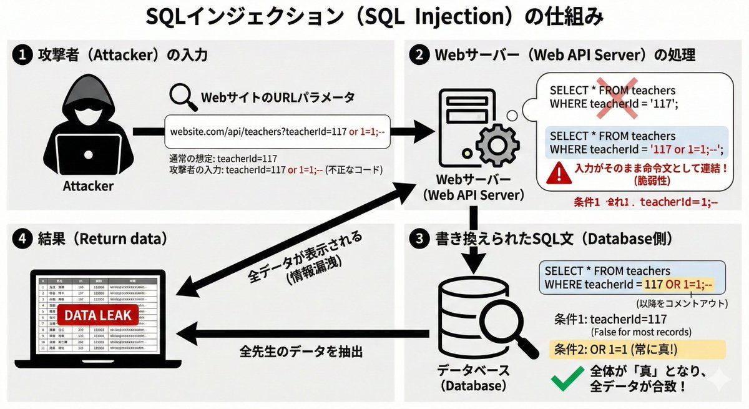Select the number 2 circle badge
tap(417, 55)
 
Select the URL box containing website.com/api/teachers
tap(277, 131)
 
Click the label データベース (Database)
tap(472, 378)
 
